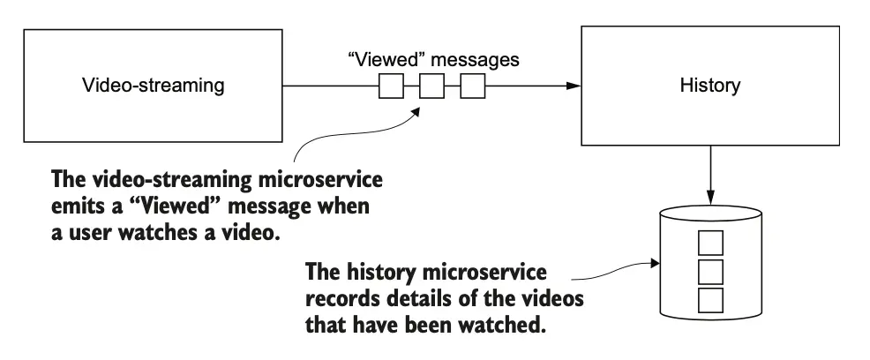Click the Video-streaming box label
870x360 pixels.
(153, 86)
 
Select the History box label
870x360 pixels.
(710, 86)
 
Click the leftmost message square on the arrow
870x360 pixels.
(391, 86)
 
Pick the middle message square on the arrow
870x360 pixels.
(431, 86)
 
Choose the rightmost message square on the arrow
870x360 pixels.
(473, 86)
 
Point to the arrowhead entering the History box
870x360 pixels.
(574, 86)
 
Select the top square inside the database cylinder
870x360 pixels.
(710, 242)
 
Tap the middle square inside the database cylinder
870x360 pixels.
(710, 270)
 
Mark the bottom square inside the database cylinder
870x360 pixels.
(710, 299)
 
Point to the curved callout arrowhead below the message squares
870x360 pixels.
(419, 108)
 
